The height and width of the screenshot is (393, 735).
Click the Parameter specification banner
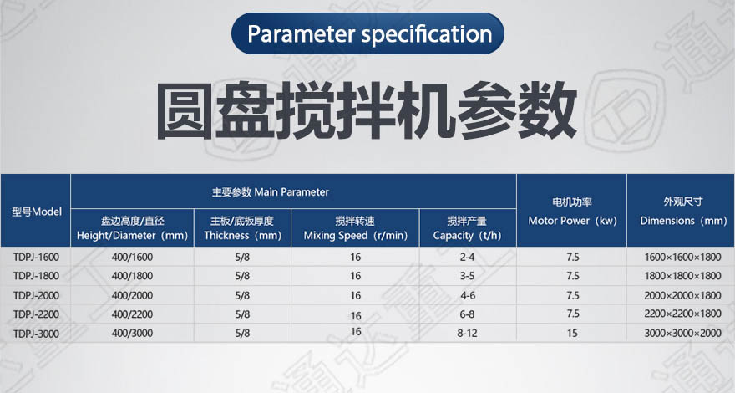point(367,33)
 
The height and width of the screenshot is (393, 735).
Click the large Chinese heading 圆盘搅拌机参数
point(367,111)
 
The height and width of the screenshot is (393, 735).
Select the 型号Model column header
point(37,212)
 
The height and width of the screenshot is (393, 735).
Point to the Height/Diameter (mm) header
point(132,228)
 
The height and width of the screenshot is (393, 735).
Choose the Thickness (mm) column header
point(242,228)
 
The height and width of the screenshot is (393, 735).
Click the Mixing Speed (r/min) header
point(355,228)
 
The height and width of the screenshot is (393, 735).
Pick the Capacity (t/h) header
point(468,228)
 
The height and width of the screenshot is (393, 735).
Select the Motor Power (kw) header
point(572,212)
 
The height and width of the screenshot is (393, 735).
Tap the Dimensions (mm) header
point(683,212)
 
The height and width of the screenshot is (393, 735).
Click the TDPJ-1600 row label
point(37,258)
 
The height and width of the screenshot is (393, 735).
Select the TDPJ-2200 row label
point(37,314)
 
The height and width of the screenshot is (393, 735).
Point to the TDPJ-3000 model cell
point(37,334)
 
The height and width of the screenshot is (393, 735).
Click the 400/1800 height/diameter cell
point(132,276)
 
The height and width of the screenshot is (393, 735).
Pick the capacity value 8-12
point(468,334)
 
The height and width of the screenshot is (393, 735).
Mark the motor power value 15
point(572,334)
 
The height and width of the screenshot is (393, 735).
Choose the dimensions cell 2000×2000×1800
point(682,295)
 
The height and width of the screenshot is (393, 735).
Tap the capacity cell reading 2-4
point(468,258)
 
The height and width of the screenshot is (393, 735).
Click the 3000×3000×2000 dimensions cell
point(682,334)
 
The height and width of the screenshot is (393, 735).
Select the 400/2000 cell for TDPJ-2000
point(132,295)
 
